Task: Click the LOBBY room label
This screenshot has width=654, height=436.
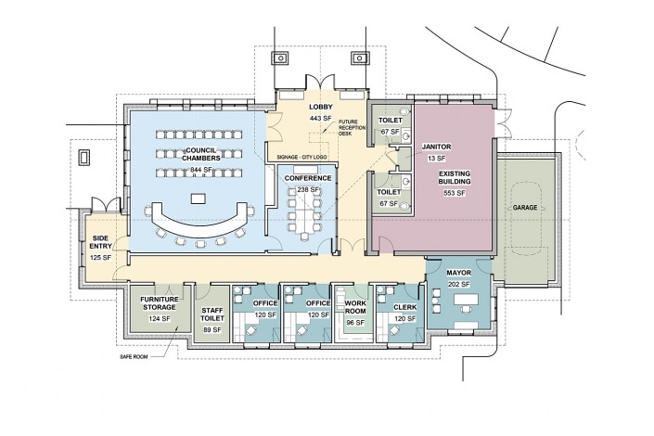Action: click(x=321, y=108)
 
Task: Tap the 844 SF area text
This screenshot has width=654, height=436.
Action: click(x=201, y=170)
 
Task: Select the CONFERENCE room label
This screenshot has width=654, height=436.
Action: click(x=308, y=178)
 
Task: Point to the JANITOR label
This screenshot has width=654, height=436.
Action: click(x=436, y=147)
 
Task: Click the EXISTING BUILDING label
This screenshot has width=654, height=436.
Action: click(x=455, y=177)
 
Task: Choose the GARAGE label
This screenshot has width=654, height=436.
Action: click(x=525, y=208)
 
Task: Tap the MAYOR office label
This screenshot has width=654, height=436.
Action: click(x=459, y=273)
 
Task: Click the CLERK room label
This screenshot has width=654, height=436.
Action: click(x=405, y=307)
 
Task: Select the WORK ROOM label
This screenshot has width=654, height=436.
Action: click(x=355, y=307)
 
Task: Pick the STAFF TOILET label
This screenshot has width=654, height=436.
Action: click(x=212, y=314)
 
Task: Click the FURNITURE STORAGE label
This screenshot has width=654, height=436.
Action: click(x=160, y=303)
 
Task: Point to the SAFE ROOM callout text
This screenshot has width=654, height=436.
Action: click(x=134, y=357)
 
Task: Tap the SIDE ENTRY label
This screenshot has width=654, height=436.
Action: click(x=101, y=242)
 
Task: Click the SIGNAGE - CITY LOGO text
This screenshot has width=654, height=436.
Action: click(x=301, y=158)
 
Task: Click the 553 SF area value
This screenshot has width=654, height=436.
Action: click(x=455, y=193)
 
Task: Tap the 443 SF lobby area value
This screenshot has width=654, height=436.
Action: click(x=320, y=119)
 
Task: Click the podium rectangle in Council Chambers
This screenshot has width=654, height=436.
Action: click(x=199, y=199)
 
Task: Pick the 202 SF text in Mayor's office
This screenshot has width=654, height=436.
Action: click(x=459, y=285)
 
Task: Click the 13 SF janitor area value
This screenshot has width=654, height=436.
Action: click(x=436, y=159)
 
